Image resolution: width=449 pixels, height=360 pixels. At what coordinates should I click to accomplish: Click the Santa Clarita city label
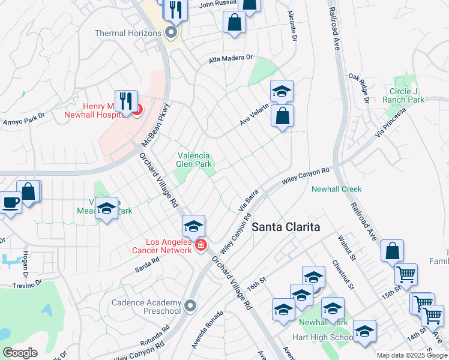(285, 227)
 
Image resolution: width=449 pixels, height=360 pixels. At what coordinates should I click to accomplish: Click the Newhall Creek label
(336, 189)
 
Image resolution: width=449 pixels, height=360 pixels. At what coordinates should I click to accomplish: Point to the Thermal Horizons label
(128, 33)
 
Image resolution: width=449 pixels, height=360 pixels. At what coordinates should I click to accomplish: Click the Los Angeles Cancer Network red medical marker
(200, 245)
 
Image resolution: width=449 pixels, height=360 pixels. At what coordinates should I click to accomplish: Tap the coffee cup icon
(10, 202)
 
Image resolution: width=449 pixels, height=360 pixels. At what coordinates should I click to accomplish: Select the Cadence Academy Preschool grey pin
(191, 306)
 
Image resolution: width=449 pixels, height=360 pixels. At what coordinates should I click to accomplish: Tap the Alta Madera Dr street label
(232, 59)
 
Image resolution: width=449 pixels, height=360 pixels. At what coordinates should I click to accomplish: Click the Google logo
(19, 352)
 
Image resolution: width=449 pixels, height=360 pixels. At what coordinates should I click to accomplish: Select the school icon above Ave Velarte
(282, 92)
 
